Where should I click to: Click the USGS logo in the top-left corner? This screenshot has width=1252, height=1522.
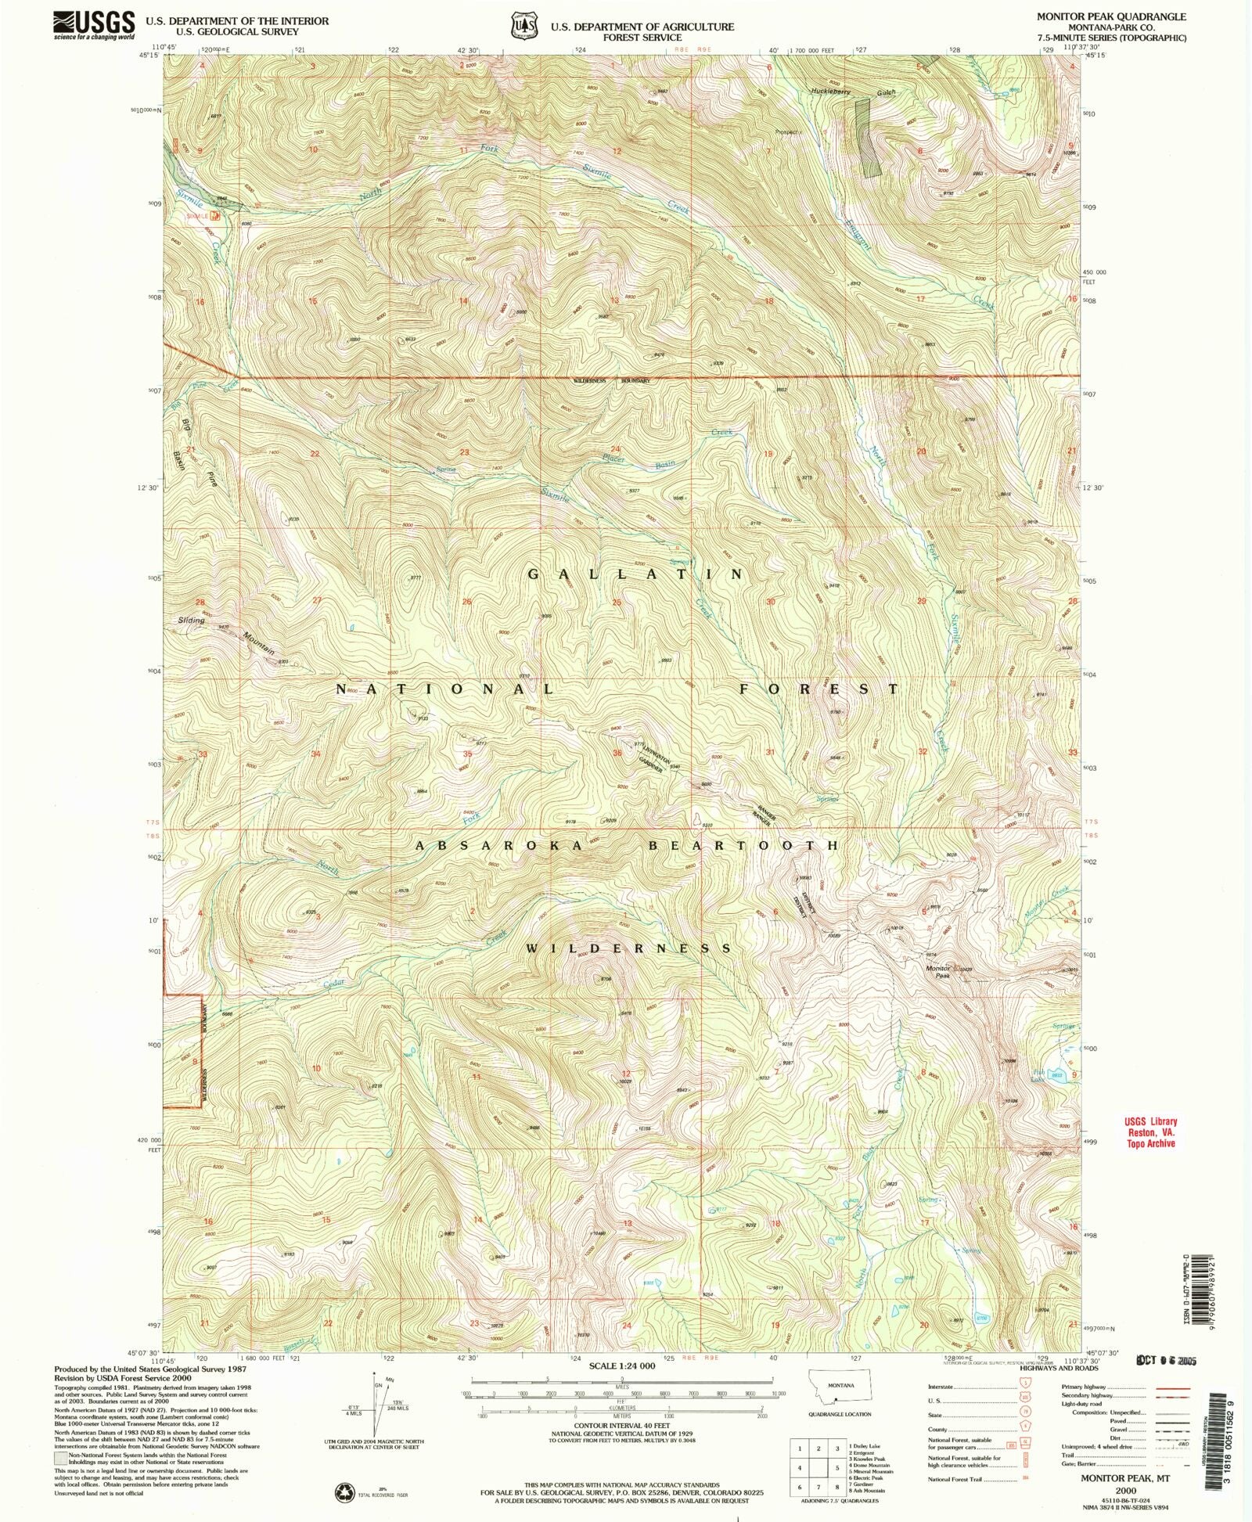pos(94,24)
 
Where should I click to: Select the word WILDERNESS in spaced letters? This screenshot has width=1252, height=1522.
pos(629,948)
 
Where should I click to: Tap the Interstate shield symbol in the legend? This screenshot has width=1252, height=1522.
pos(1026,1384)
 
